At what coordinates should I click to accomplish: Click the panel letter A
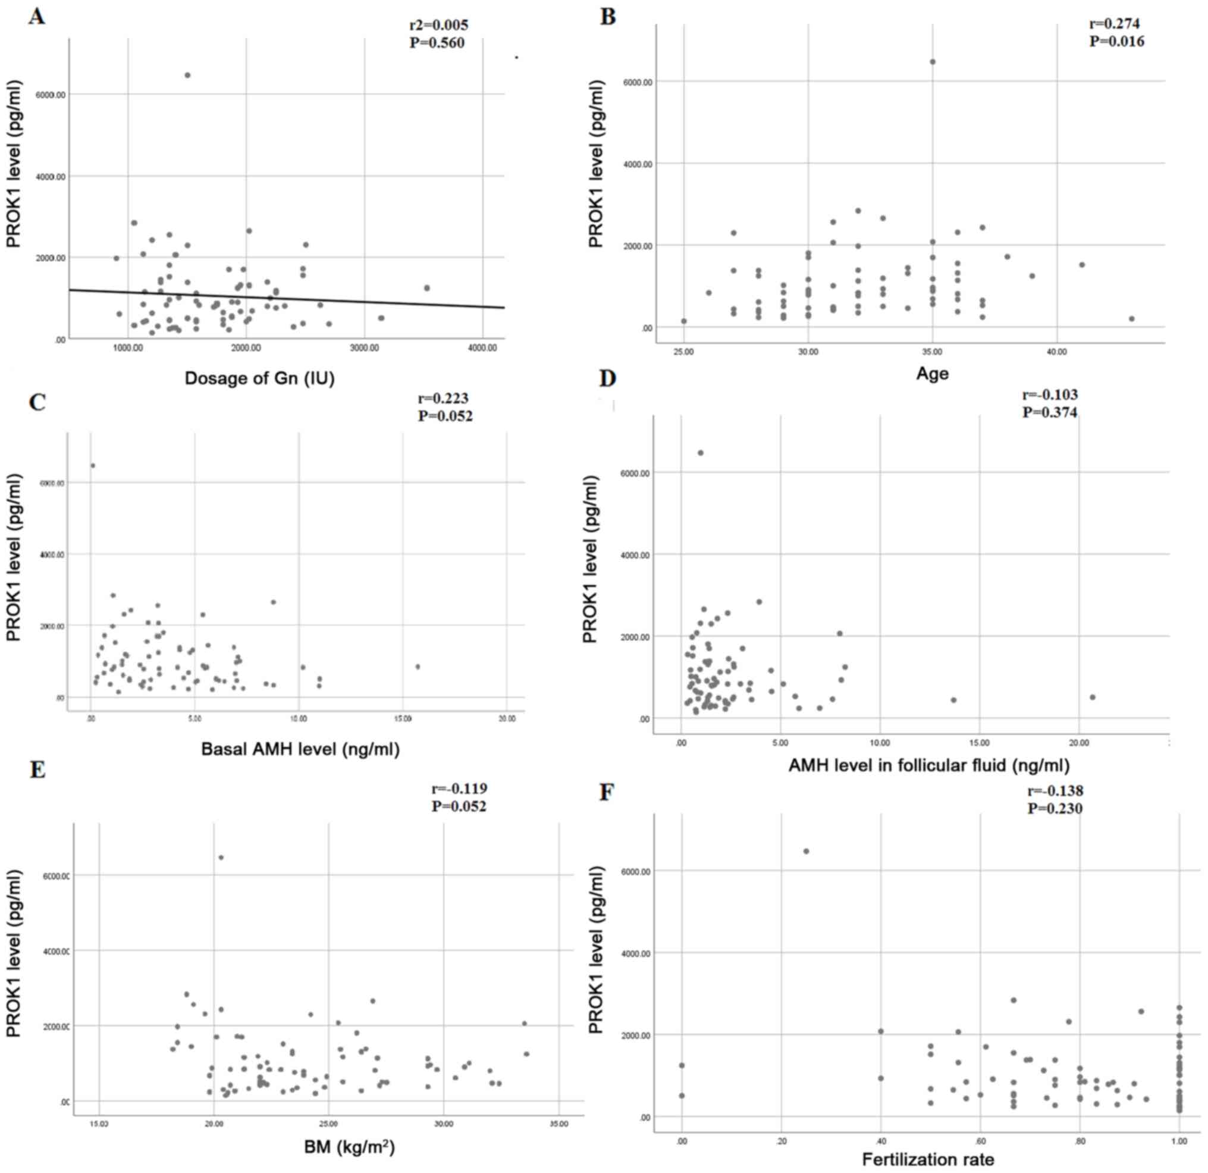pos(36,17)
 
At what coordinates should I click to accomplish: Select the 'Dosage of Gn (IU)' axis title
pos(259,378)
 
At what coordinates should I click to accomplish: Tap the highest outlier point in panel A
pos(187,75)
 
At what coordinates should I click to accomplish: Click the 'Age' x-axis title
pos(932,373)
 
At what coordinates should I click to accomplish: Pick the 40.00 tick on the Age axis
pos(1056,352)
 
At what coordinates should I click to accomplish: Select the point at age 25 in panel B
pos(683,321)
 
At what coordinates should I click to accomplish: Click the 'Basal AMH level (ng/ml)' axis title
pos(300,750)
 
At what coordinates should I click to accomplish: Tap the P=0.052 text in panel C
pos(445,416)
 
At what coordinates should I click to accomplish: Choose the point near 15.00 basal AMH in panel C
pos(418,667)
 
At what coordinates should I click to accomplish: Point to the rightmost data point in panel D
pos(1092,697)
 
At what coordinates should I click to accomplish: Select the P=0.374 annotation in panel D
pos(1050,412)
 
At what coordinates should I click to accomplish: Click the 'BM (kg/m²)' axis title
pos(349,1147)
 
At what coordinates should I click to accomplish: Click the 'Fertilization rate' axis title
pos(928,1159)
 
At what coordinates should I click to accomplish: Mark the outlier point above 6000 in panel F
pos(805,852)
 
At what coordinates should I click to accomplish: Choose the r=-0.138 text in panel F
pos(1055,791)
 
